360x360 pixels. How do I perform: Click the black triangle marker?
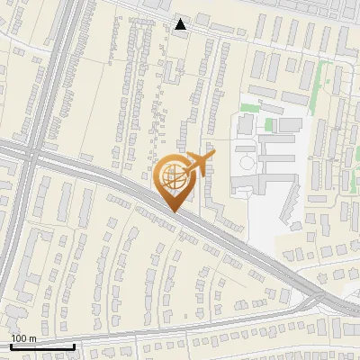coord(181,24)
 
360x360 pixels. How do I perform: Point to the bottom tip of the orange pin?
coord(174,212)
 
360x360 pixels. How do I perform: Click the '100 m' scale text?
coord(23,338)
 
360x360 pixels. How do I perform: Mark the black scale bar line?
coord(42,346)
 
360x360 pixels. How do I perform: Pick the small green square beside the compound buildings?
coord(269,123)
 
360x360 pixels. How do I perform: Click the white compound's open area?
coord(265,207)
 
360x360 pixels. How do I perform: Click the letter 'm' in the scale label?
coord(31,338)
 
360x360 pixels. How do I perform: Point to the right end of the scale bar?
coord(74,346)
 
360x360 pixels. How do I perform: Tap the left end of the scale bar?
coord(11,346)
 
